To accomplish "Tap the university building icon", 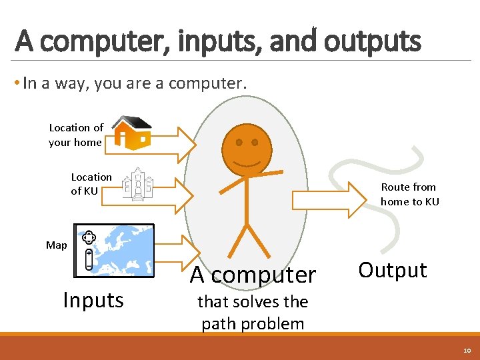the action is tap(137, 184).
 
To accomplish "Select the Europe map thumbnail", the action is tap(114, 250).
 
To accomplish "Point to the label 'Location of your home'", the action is tap(75, 135).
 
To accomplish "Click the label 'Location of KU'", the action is tap(91, 184).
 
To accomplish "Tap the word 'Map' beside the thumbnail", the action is tap(57, 245).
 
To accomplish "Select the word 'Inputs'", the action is tap(93, 300).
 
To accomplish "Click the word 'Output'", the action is tap(392, 270).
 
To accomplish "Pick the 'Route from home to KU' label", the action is tap(409, 194).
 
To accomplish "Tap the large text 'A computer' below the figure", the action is tap(253, 274).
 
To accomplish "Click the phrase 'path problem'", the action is tap(253, 324).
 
